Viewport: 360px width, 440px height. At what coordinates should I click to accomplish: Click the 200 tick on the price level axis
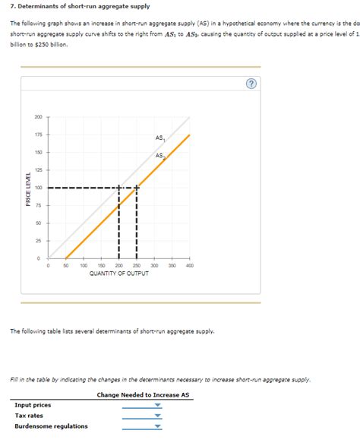click(39, 117)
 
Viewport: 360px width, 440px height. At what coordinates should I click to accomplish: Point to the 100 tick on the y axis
click(39, 188)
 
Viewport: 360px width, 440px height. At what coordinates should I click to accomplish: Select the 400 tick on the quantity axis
click(189, 266)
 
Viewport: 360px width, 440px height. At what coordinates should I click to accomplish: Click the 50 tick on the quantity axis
click(66, 266)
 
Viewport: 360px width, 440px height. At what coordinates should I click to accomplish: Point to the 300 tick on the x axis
click(154, 266)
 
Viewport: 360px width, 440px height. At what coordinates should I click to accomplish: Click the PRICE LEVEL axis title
click(28, 188)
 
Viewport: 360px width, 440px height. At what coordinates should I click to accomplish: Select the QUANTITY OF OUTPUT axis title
click(118, 274)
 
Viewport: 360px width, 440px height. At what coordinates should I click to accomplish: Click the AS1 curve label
click(160, 138)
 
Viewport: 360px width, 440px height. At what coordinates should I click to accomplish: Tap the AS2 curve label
click(160, 156)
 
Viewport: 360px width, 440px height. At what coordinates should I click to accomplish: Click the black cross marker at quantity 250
click(137, 188)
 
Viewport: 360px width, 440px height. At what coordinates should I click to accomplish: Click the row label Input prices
click(33, 406)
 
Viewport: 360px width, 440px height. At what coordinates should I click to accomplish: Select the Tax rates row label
click(30, 416)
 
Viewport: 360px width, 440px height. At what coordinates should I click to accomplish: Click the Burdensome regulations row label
click(51, 426)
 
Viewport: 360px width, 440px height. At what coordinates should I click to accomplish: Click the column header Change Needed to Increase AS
click(143, 395)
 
